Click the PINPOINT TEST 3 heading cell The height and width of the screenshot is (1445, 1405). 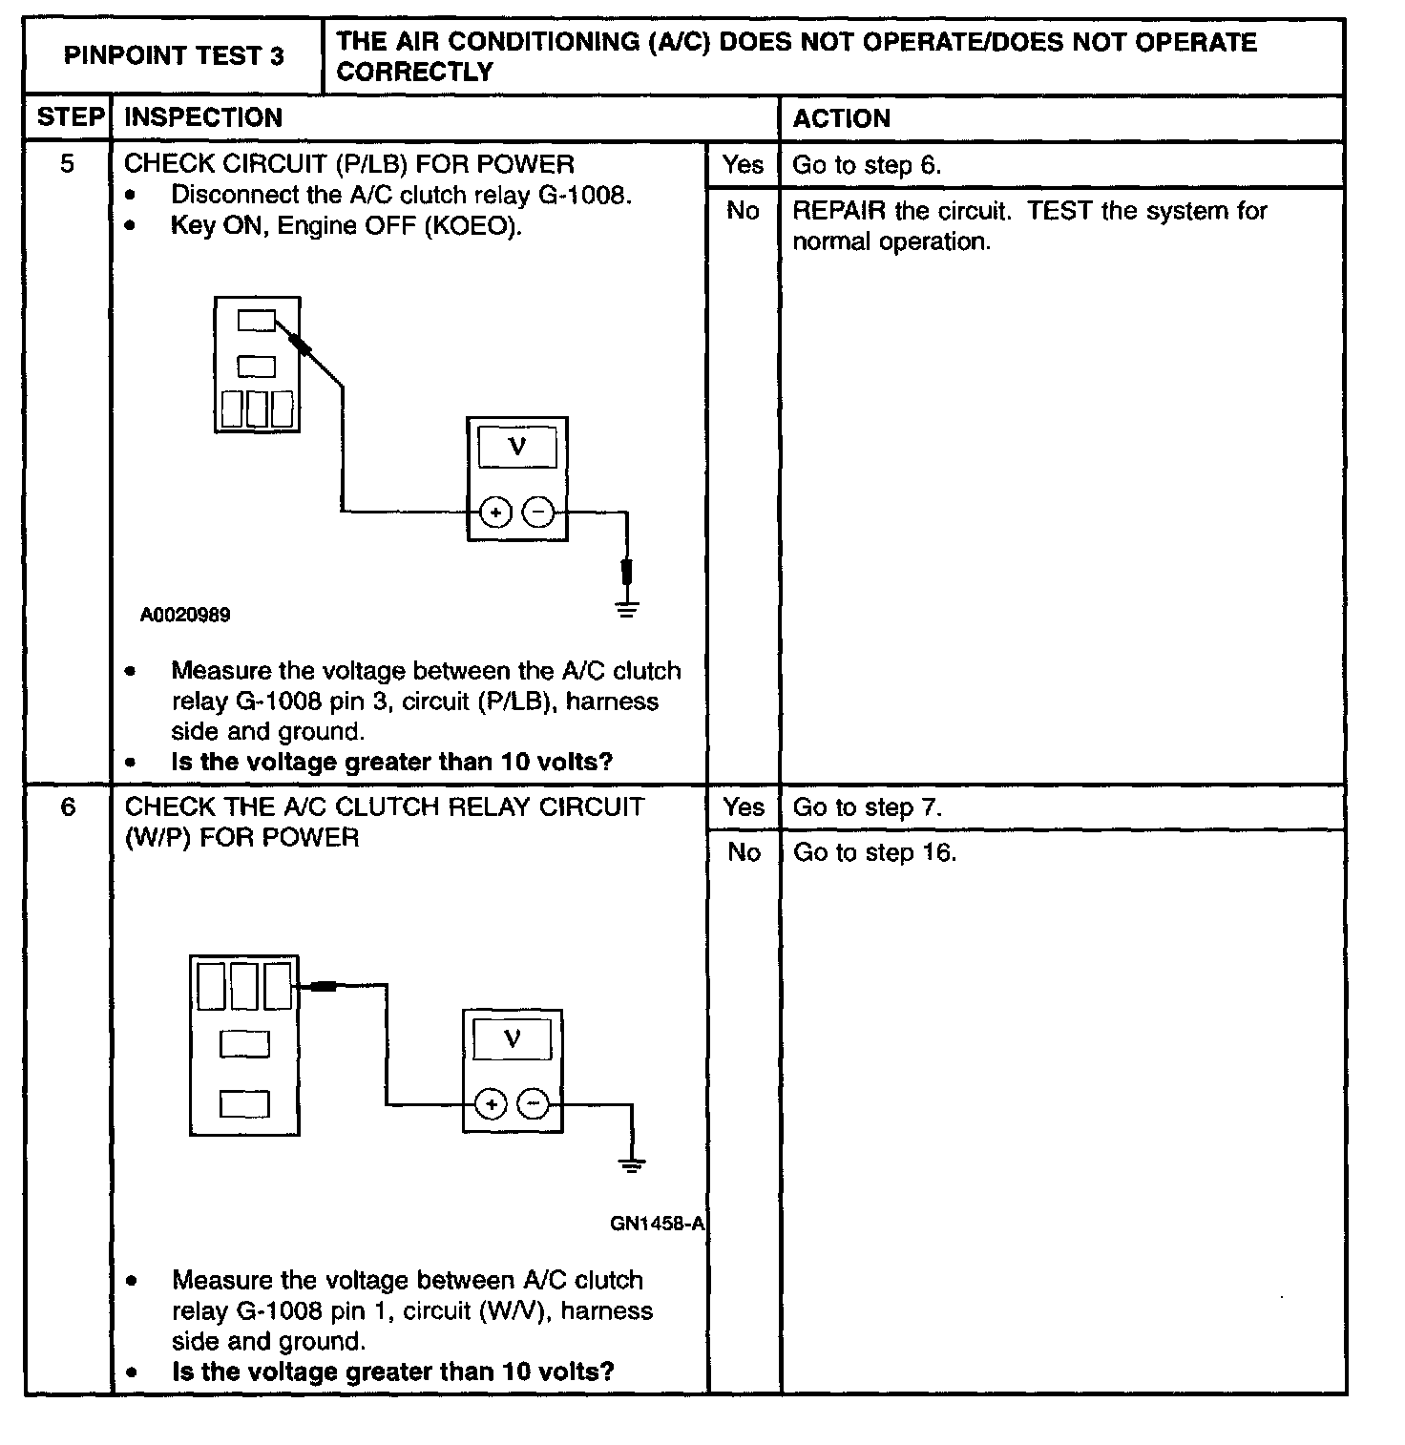click(174, 56)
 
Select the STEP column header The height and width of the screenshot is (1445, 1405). click(69, 117)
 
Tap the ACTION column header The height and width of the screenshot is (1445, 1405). click(841, 118)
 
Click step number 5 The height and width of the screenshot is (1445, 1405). click(67, 164)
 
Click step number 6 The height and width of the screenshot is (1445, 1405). click(68, 807)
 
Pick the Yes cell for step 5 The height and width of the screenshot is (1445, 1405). click(743, 165)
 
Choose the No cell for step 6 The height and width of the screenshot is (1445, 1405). click(743, 852)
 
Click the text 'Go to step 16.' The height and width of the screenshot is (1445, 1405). click(874, 852)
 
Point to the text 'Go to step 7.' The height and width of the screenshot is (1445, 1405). click(867, 807)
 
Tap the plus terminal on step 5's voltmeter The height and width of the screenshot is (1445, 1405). click(494, 513)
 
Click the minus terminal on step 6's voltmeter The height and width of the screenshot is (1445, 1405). click(533, 1105)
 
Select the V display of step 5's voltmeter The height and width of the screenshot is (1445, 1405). click(517, 447)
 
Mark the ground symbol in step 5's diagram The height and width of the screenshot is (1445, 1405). click(626, 608)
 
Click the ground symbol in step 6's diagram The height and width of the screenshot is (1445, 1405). click(631, 1164)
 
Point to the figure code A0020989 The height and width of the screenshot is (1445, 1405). click(185, 615)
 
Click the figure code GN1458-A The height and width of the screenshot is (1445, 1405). click(657, 1224)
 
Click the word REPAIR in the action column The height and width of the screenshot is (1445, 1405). click(839, 211)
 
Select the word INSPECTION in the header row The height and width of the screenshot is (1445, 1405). click(203, 117)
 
